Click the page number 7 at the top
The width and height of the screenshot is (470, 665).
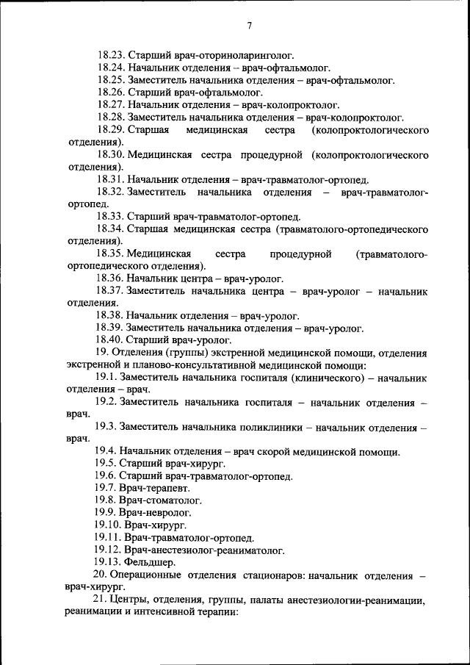point(249,26)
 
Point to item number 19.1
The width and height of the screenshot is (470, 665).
point(106,378)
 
